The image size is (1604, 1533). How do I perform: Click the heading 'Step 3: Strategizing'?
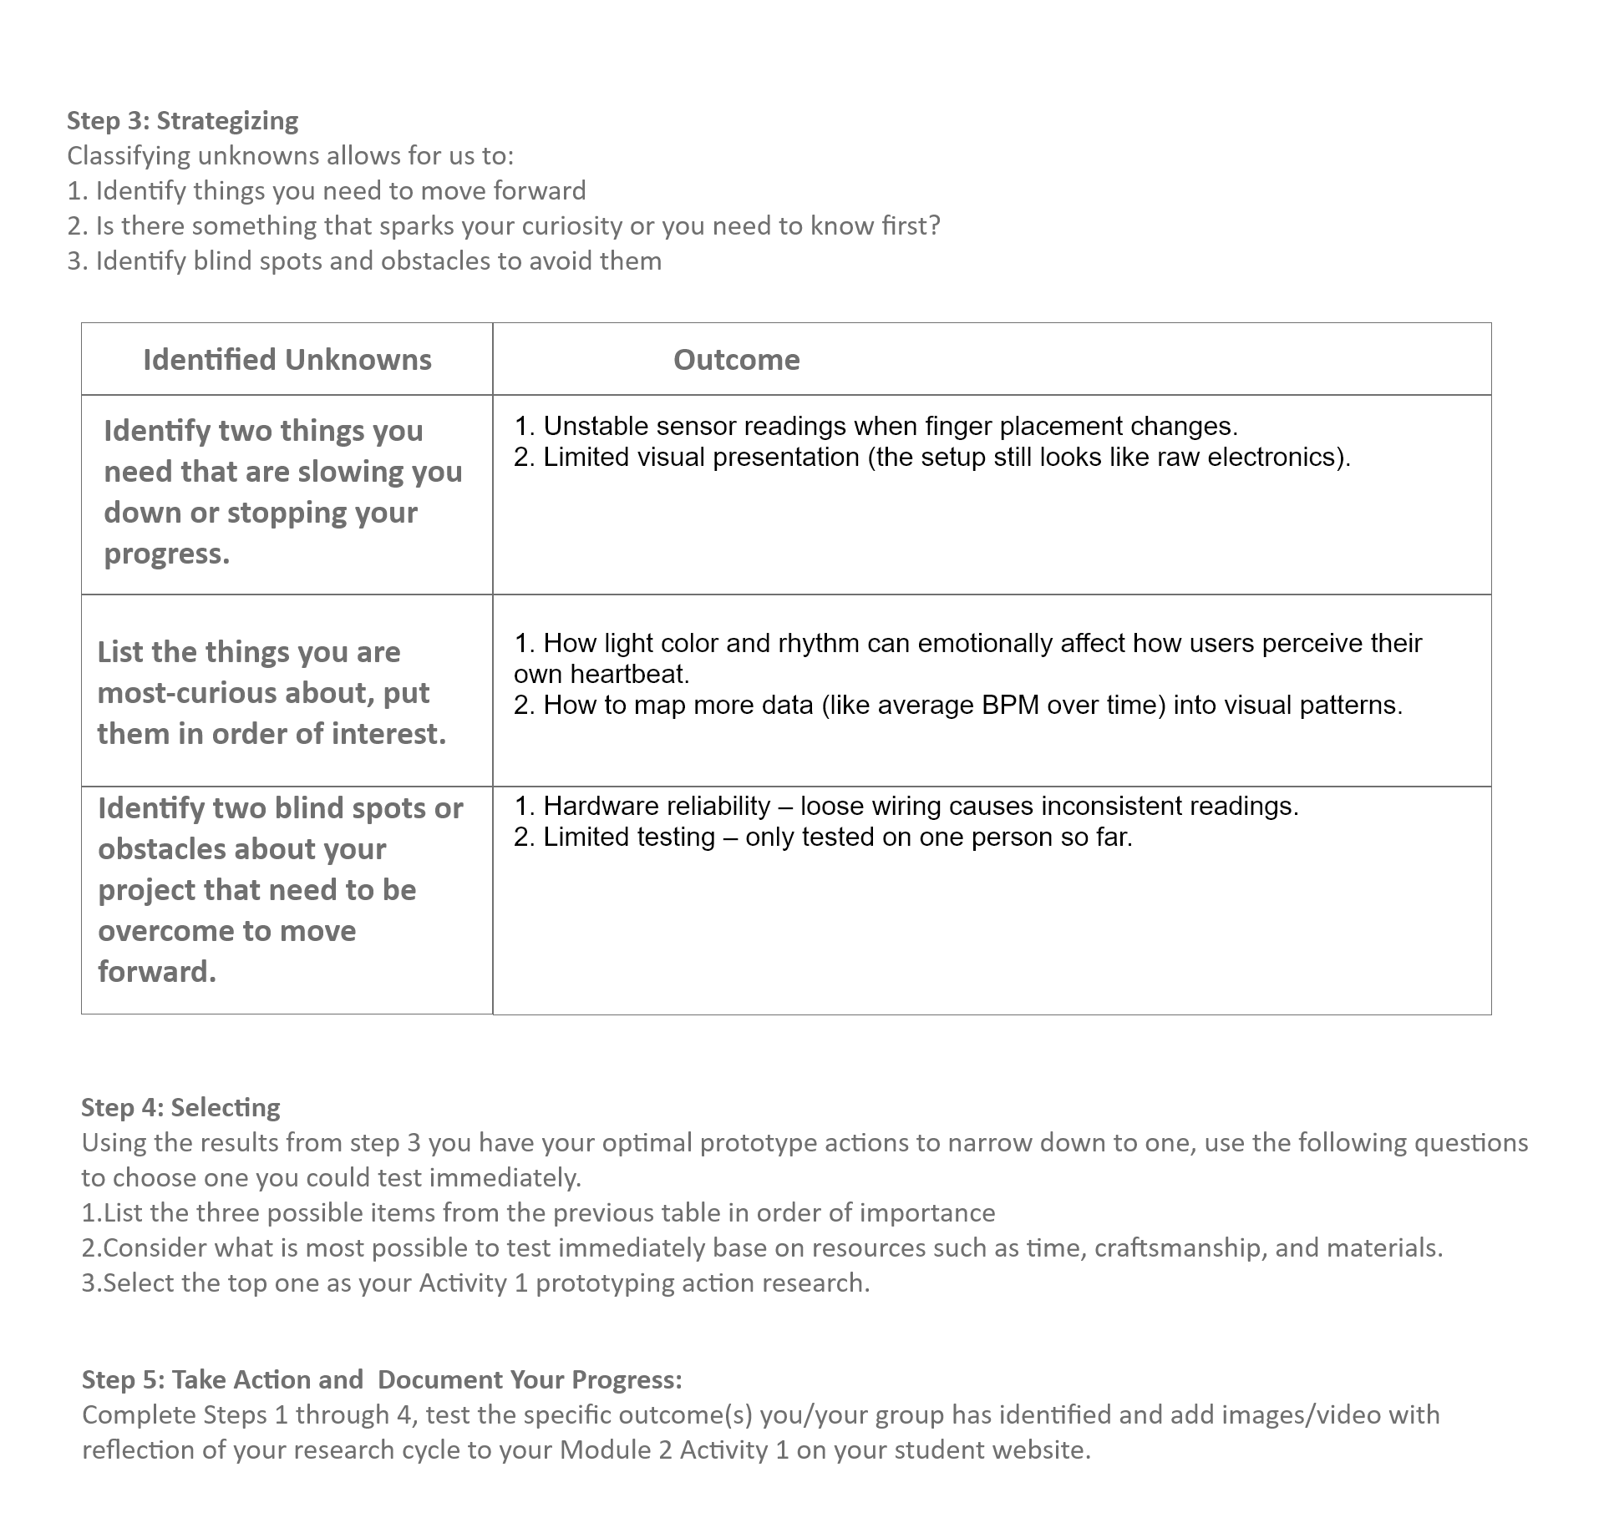click(182, 120)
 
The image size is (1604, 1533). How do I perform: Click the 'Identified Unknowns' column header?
click(287, 360)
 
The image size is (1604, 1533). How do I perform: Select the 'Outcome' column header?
click(736, 360)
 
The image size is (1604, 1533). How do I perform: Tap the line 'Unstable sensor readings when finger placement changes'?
click(876, 427)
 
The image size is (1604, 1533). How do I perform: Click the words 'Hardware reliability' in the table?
click(657, 806)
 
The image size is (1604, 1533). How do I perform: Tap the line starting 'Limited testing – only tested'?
click(823, 837)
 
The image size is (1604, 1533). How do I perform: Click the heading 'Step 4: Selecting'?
click(180, 1107)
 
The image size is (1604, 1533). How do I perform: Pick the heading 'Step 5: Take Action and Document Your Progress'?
click(382, 1379)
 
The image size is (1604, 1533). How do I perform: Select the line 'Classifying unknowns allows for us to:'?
click(291, 156)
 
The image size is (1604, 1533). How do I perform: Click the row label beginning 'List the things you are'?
click(272, 692)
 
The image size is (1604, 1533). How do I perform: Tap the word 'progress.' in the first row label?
click(166, 554)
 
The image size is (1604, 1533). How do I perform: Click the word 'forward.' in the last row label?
click(157, 972)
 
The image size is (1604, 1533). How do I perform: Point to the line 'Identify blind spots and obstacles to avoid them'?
click(364, 261)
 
